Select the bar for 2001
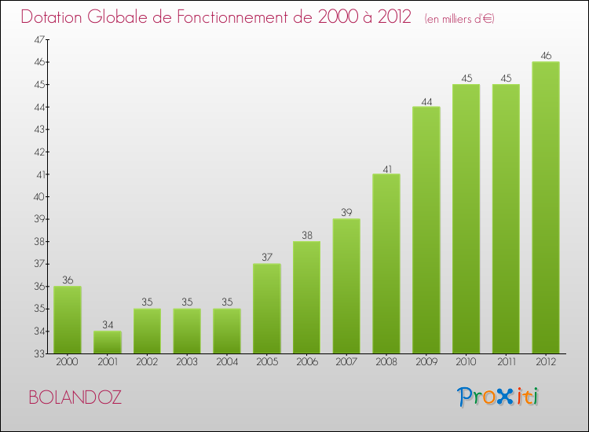tap(108, 342)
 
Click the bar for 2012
tap(546, 207)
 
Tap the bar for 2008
tap(386, 263)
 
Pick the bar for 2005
tap(267, 308)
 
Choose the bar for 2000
tap(68, 320)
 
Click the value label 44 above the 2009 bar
tap(426, 101)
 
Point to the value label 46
tap(546, 56)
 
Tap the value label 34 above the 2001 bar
tap(108, 325)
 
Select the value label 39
tap(346, 213)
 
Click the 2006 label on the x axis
tap(306, 364)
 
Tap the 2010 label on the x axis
tap(466, 364)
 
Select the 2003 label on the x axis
tap(187, 364)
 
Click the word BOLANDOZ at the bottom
tap(75, 397)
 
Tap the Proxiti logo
tap(499, 396)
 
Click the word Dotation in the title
tap(55, 17)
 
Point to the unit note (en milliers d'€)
tap(459, 19)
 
